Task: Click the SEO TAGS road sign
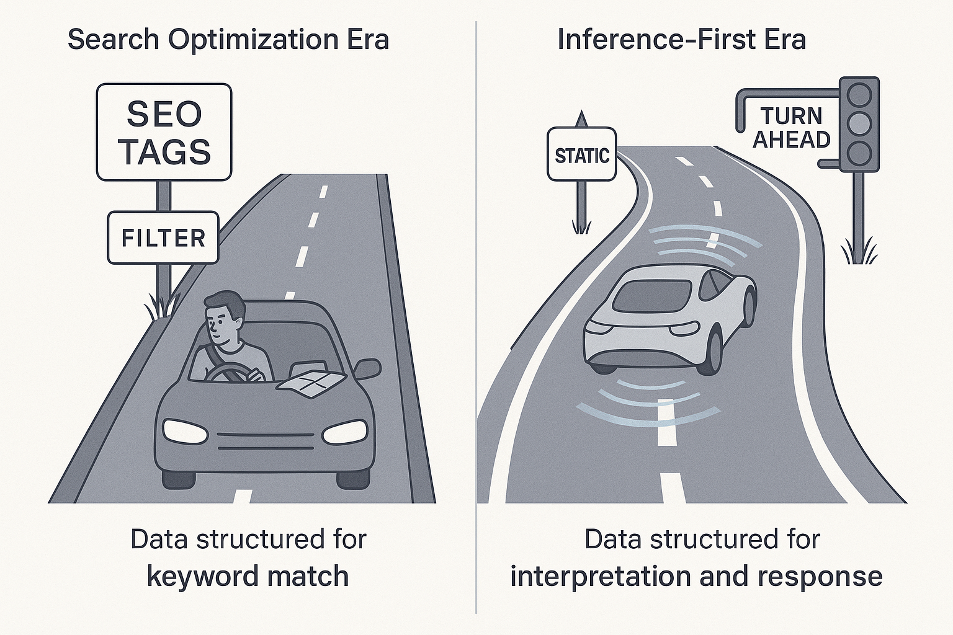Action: pos(164,132)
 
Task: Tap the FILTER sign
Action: pos(163,238)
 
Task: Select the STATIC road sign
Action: pos(581,155)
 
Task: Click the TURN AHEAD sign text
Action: pos(791,128)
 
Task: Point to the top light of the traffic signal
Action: pos(859,95)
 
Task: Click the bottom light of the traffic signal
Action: pos(859,153)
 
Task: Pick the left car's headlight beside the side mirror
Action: pos(345,431)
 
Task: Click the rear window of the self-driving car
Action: pos(651,295)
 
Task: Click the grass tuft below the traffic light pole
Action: pos(859,251)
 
